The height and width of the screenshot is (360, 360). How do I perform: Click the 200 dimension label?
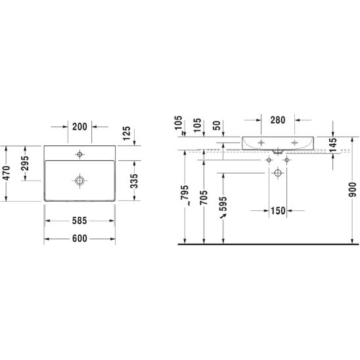(79, 127)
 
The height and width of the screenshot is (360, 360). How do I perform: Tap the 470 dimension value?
(7, 173)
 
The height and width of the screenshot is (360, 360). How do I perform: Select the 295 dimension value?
(25, 163)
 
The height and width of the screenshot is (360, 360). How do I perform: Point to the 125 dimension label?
(126, 133)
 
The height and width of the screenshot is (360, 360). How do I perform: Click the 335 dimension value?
(134, 181)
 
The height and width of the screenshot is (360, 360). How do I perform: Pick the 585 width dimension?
(79, 221)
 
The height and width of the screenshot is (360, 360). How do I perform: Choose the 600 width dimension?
(79, 238)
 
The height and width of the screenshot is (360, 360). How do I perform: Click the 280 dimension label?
(278, 120)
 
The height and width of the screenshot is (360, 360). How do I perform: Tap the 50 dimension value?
(217, 125)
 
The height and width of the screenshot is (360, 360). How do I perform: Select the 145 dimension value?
(332, 145)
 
